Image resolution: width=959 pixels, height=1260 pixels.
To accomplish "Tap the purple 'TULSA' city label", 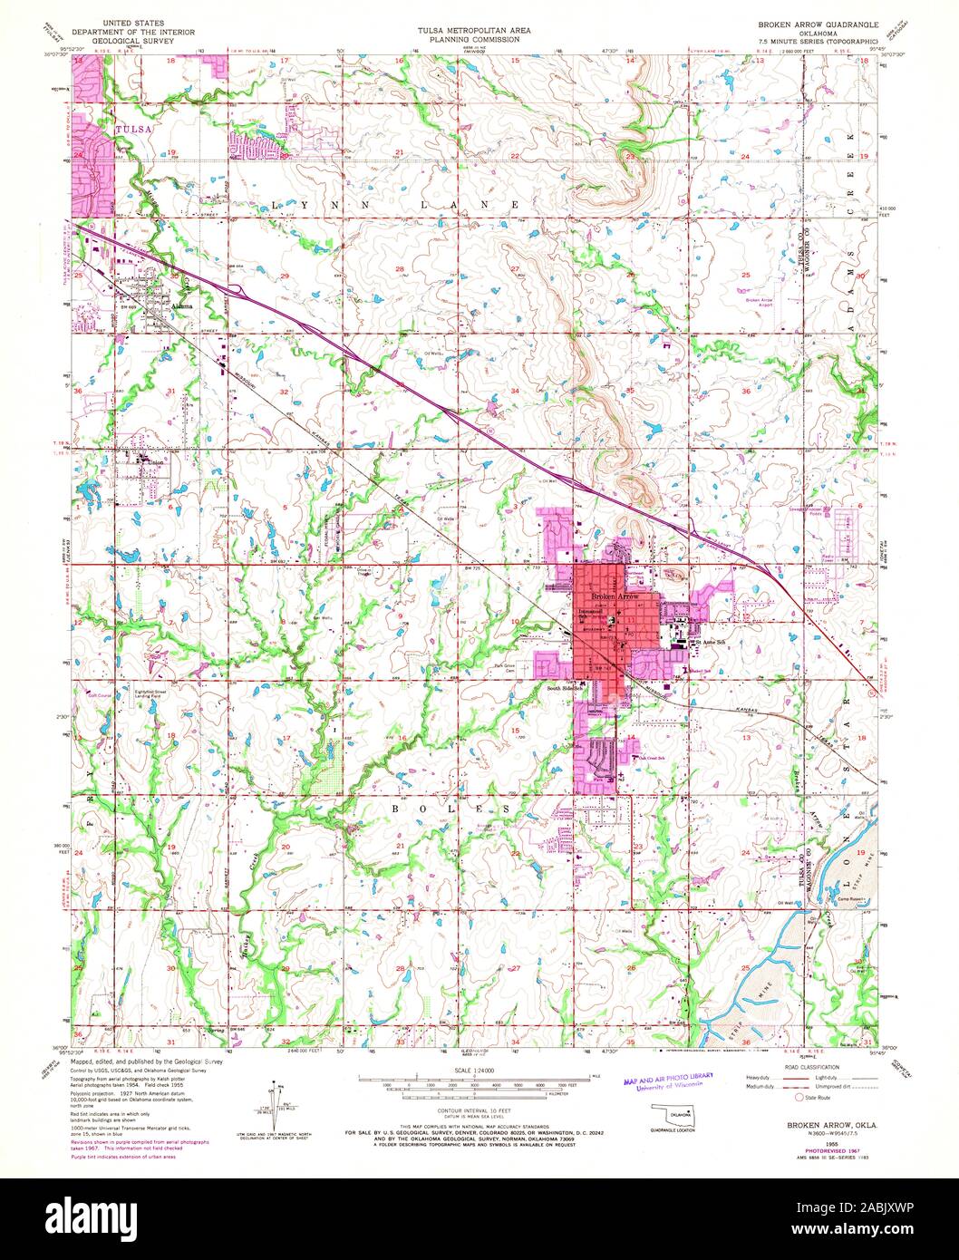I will (130, 130).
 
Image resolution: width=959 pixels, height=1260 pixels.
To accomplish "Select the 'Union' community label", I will (155, 460).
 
